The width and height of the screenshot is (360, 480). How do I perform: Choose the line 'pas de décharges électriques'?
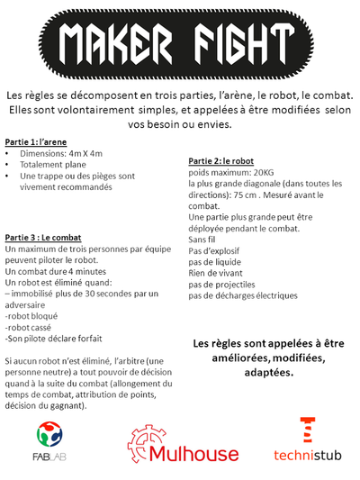(243, 295)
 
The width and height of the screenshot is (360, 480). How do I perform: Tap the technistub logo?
(306, 441)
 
